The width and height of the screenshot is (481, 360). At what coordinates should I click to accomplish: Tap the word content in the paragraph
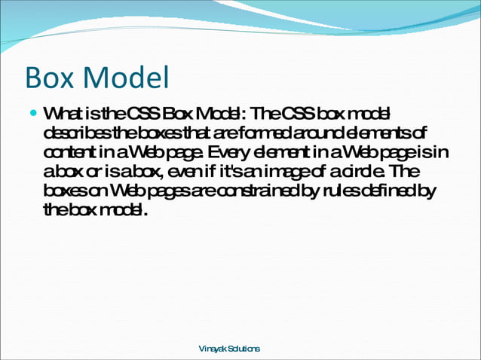click(x=67, y=153)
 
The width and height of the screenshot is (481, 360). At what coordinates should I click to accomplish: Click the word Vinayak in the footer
click(x=212, y=349)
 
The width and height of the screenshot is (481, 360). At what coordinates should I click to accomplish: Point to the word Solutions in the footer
click(x=244, y=349)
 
